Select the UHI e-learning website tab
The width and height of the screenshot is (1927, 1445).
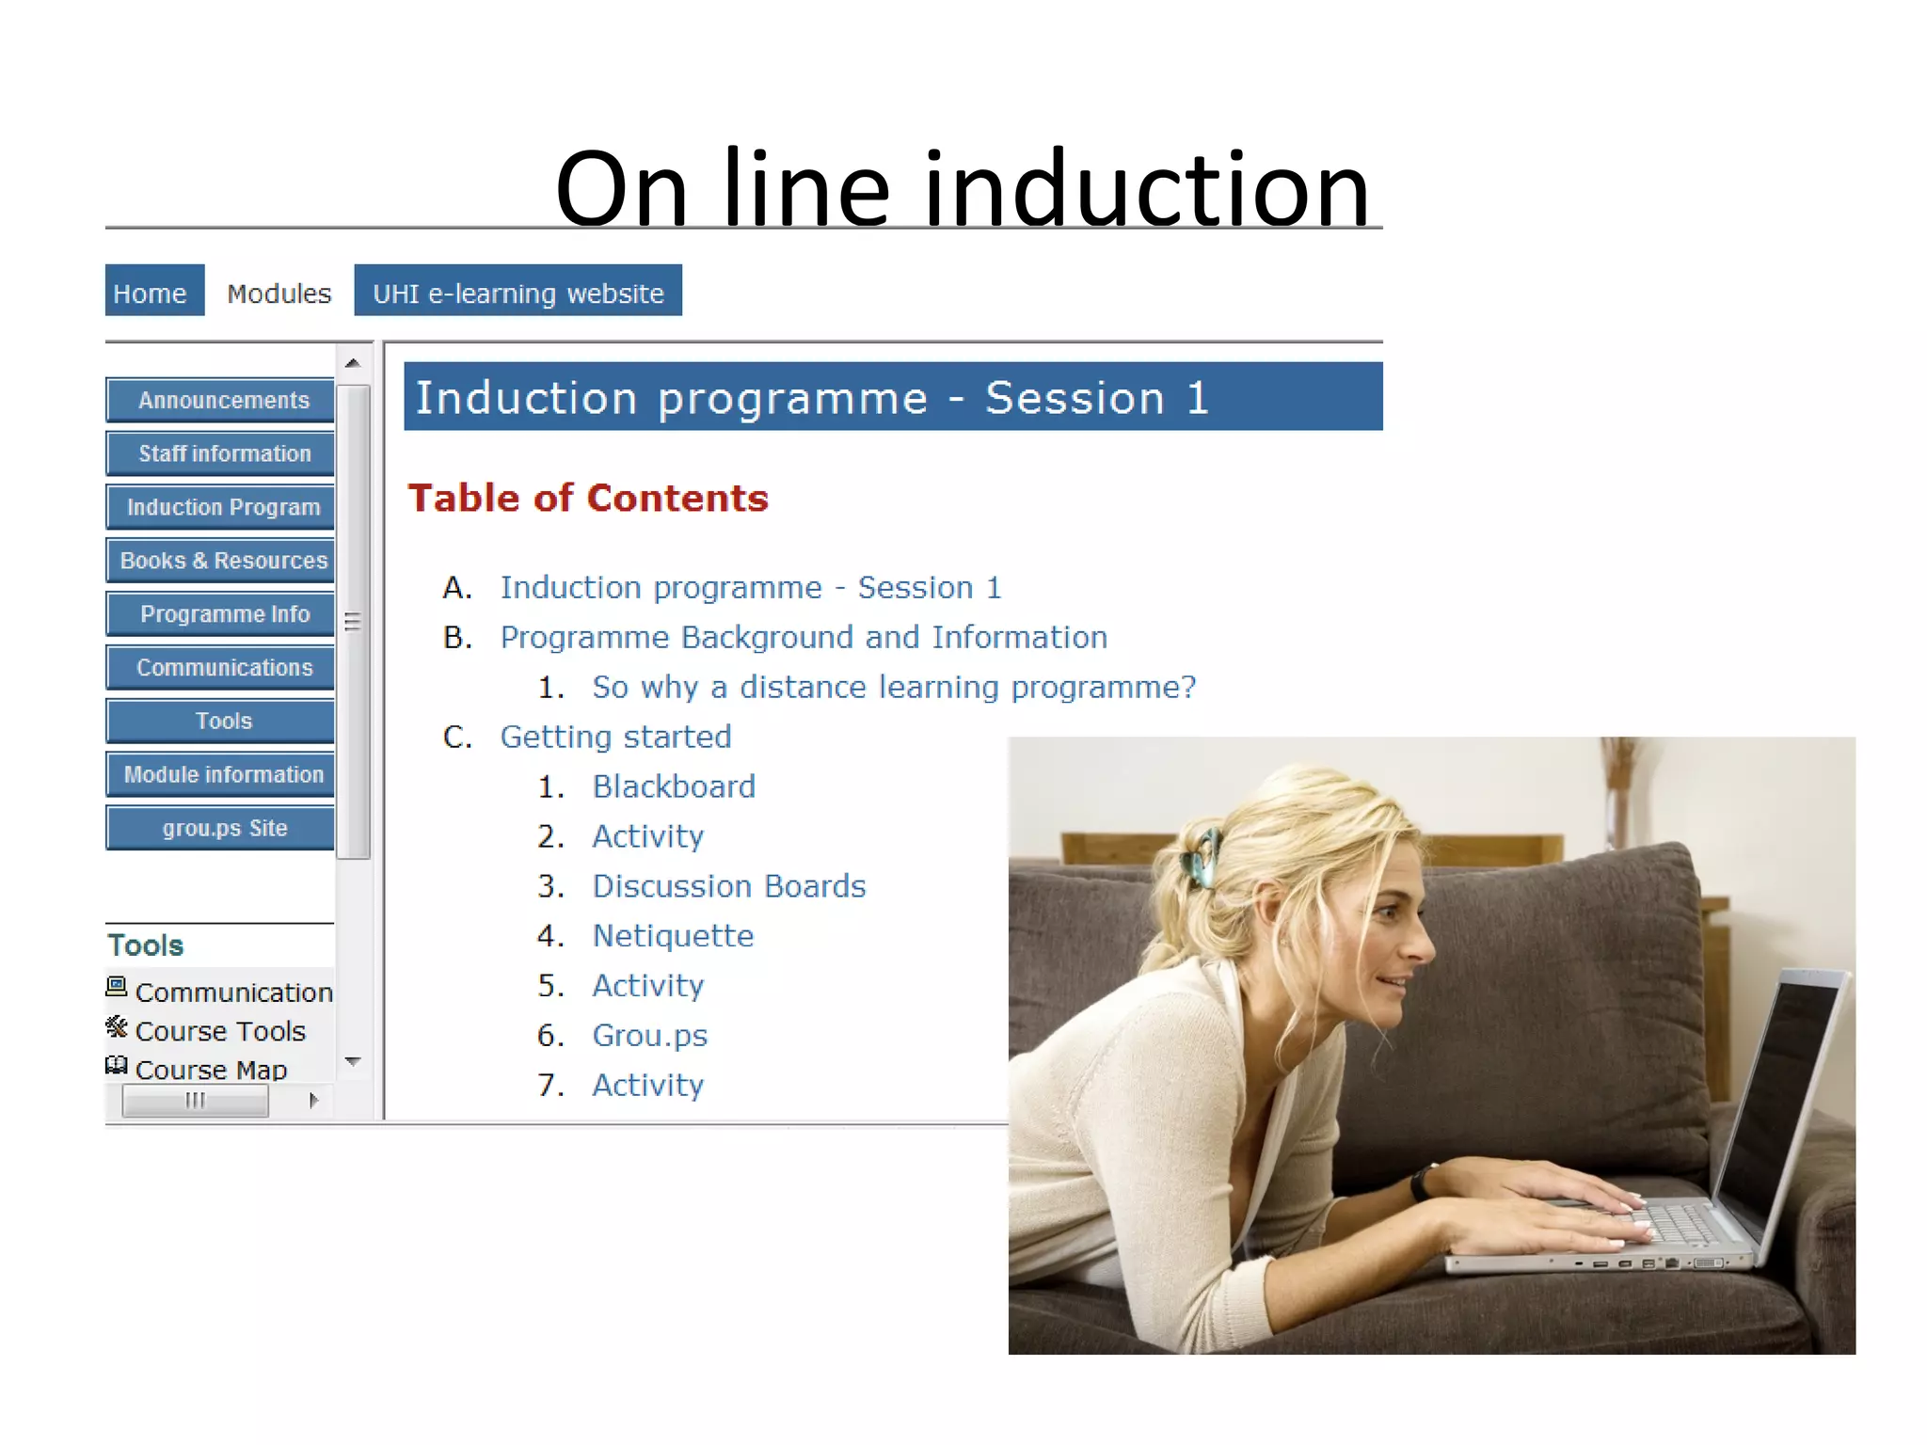(x=518, y=292)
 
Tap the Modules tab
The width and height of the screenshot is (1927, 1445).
(x=279, y=294)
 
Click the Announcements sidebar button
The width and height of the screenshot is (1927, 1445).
(x=222, y=401)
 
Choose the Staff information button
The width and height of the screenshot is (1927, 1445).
(x=222, y=454)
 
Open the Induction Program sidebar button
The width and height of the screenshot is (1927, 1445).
(x=222, y=508)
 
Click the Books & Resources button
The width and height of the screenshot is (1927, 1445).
(x=222, y=562)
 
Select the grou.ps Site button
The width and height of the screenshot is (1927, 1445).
(x=222, y=829)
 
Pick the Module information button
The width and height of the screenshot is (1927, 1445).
(x=222, y=775)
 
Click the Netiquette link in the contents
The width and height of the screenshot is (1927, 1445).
(x=673, y=936)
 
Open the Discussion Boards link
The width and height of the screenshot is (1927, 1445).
(x=728, y=886)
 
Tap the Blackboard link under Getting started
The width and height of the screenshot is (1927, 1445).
(x=674, y=786)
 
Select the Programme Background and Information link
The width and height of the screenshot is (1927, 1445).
(x=804, y=638)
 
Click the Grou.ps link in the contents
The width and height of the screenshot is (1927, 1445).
(x=649, y=1036)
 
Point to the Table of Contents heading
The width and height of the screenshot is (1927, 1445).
(x=588, y=499)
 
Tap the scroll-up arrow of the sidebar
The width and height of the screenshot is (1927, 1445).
(x=353, y=363)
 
